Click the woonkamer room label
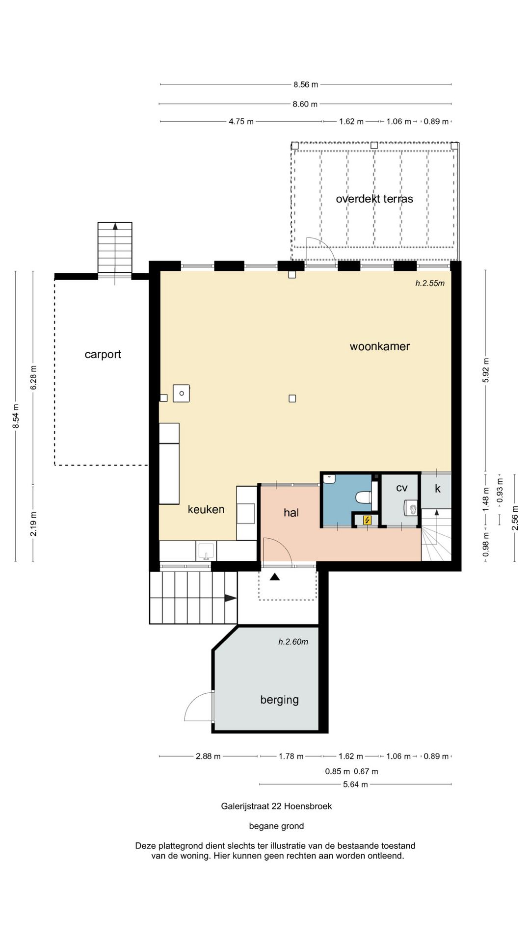click(379, 346)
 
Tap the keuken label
click(206, 509)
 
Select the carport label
click(103, 355)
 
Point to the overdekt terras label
click(374, 199)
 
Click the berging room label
click(279, 700)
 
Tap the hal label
click(291, 513)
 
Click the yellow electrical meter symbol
click(367, 520)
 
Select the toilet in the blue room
click(364, 497)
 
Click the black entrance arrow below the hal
click(275, 577)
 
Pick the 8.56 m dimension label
click(306, 84)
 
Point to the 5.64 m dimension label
click(355, 785)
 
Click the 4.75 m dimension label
click(241, 121)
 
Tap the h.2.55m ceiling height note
click(430, 283)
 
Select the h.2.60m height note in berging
click(293, 642)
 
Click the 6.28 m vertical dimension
click(33, 378)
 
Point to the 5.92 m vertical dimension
click(486, 370)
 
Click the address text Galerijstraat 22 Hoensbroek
click(276, 806)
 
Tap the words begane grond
click(276, 826)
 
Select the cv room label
click(401, 488)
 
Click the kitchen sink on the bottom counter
click(206, 551)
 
